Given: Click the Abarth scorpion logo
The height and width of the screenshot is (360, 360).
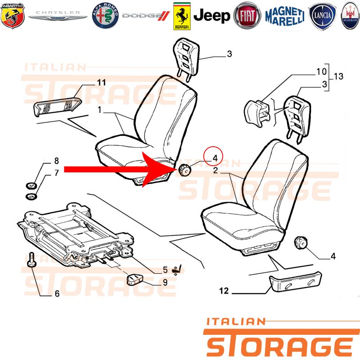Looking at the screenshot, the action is [x=13, y=16].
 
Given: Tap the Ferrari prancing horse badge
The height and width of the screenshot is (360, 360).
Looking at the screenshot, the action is [x=182, y=16].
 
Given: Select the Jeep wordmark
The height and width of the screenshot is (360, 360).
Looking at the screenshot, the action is [x=211, y=16].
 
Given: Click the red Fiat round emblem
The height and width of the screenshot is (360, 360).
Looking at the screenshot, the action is [x=247, y=16].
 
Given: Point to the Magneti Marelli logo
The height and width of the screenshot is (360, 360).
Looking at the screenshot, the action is [x=285, y=16].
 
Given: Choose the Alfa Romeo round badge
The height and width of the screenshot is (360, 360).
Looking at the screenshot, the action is [x=105, y=16].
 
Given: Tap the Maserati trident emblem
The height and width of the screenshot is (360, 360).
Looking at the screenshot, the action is [x=350, y=16].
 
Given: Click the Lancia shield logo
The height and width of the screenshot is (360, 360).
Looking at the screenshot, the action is [x=322, y=16].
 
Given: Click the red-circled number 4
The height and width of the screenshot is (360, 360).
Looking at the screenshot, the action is [x=215, y=158].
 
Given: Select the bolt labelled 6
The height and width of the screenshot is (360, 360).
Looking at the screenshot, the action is [x=31, y=260].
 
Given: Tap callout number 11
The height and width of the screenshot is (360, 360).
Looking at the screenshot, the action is [x=101, y=82].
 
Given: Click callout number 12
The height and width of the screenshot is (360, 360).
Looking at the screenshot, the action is [x=224, y=291].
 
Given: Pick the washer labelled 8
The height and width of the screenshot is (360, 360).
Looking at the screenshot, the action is [x=31, y=185].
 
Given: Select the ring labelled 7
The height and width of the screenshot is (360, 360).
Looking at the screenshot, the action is [x=31, y=197].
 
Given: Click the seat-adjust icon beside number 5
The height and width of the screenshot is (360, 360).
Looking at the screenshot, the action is [x=177, y=270].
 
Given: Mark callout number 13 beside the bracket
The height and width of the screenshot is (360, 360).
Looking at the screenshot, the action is [x=338, y=76].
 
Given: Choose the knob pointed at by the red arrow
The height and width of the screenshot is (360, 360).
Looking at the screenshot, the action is [x=184, y=171].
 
